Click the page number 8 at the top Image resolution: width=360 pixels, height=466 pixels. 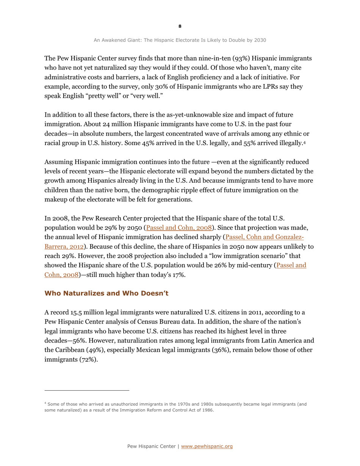tap(180, 26)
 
